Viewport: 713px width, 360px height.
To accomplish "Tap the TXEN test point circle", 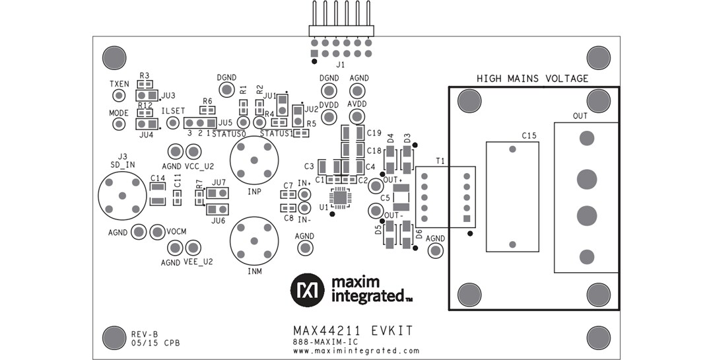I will pyautogui.click(x=119, y=96).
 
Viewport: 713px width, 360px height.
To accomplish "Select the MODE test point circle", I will pyautogui.click(x=119, y=124).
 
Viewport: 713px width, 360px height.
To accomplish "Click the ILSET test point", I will pyautogui.click(x=173, y=124).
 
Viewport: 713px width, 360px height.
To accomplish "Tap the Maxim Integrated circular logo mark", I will pyautogui.click(x=308, y=290).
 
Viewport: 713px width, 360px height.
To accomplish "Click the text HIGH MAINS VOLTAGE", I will pyautogui.click(x=532, y=79).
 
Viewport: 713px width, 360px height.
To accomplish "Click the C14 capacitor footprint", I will pyautogui.click(x=158, y=194).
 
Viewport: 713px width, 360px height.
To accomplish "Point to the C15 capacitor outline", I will pyautogui.click(x=512, y=197).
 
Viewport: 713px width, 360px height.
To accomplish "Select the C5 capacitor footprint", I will pyautogui.click(x=401, y=197).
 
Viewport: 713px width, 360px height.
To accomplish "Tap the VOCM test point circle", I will pyautogui.click(x=157, y=232).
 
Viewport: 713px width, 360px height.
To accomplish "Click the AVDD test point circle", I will pyautogui.click(x=357, y=117).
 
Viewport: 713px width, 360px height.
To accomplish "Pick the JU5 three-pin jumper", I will pyautogui.click(x=200, y=124).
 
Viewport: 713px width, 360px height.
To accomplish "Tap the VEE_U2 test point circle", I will pyautogui.click(x=192, y=248).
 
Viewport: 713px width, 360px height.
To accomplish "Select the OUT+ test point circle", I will pyautogui.click(x=376, y=186).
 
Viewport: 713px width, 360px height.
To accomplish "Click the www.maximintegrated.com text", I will pyautogui.click(x=356, y=351).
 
